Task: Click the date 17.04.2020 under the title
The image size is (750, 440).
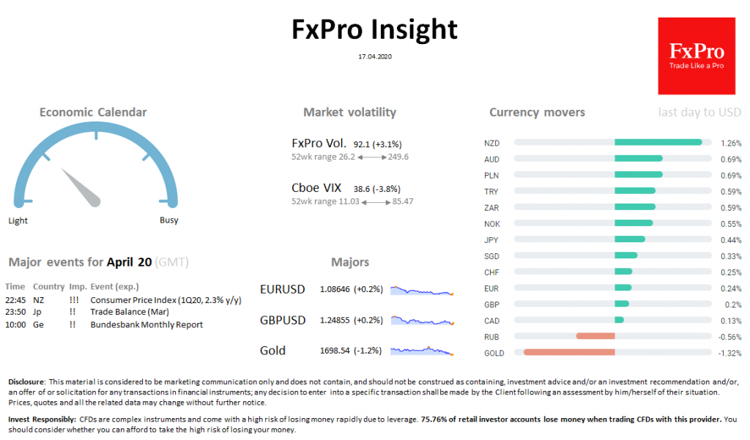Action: click(375, 56)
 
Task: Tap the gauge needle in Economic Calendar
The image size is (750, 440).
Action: click(81, 187)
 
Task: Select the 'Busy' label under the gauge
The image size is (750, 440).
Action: click(168, 220)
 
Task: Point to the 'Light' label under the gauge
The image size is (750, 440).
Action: click(18, 220)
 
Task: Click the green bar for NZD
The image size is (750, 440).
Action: click(658, 143)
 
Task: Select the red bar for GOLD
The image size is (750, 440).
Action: click(569, 353)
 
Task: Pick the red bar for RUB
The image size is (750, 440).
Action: click(595, 337)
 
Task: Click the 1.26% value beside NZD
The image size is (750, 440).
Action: click(731, 143)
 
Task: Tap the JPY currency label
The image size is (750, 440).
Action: click(491, 239)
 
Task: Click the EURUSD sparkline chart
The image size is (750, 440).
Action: click(422, 290)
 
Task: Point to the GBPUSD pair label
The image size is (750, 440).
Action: click(283, 320)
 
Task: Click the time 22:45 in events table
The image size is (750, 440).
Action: click(15, 300)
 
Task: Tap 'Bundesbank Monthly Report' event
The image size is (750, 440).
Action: click(146, 324)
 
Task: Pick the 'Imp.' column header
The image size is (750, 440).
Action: click(77, 286)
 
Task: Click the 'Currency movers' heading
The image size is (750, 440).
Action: click(537, 112)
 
